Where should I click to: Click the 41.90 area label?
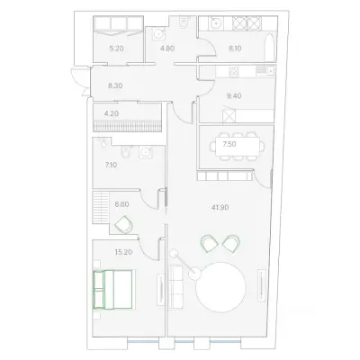(220, 207)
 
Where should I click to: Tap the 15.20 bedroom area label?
(123, 252)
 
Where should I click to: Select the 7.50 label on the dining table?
(229, 144)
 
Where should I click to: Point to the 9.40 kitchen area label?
(234, 96)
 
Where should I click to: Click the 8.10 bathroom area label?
(235, 48)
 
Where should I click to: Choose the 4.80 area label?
(167, 48)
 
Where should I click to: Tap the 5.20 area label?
(116, 48)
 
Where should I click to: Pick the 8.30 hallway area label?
(115, 85)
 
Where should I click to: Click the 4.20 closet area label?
(112, 113)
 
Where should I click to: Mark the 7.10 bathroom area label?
(111, 165)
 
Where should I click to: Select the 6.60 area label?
(122, 204)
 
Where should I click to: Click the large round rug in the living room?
(220, 287)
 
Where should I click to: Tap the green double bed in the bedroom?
(113, 290)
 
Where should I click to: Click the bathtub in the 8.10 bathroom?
(270, 48)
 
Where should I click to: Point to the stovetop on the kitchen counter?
(234, 71)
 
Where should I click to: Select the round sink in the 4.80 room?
(159, 34)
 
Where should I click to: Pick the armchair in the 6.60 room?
(123, 224)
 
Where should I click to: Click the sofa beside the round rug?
(176, 286)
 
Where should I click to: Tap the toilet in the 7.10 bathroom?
(125, 152)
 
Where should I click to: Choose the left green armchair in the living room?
(210, 243)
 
